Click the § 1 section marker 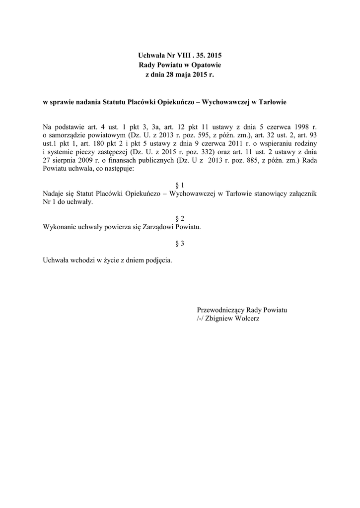(180, 185)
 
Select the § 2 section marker (180, 218)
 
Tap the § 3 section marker (180, 243)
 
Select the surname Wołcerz (245, 318)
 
